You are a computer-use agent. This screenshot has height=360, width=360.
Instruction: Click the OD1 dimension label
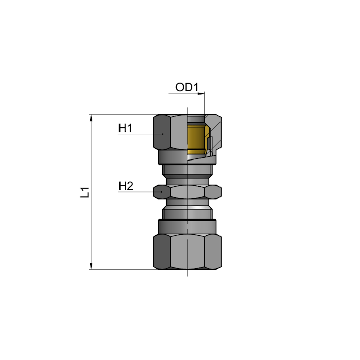click(187, 87)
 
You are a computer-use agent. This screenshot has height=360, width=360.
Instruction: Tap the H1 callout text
click(126, 128)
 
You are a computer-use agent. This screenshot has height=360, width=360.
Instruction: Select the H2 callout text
click(126, 186)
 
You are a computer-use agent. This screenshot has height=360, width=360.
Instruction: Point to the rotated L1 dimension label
click(85, 192)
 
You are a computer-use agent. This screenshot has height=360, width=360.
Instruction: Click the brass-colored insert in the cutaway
click(195, 138)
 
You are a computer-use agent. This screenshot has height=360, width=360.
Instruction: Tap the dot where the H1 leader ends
click(162, 134)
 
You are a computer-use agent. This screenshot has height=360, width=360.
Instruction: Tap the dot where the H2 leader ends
click(162, 191)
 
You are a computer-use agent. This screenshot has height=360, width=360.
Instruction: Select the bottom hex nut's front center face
click(188, 251)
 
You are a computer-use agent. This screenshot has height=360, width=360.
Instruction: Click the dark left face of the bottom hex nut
click(162, 251)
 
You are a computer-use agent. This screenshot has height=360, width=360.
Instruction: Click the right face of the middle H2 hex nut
click(212, 192)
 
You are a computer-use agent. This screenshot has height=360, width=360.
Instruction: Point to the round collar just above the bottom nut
click(188, 226)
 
